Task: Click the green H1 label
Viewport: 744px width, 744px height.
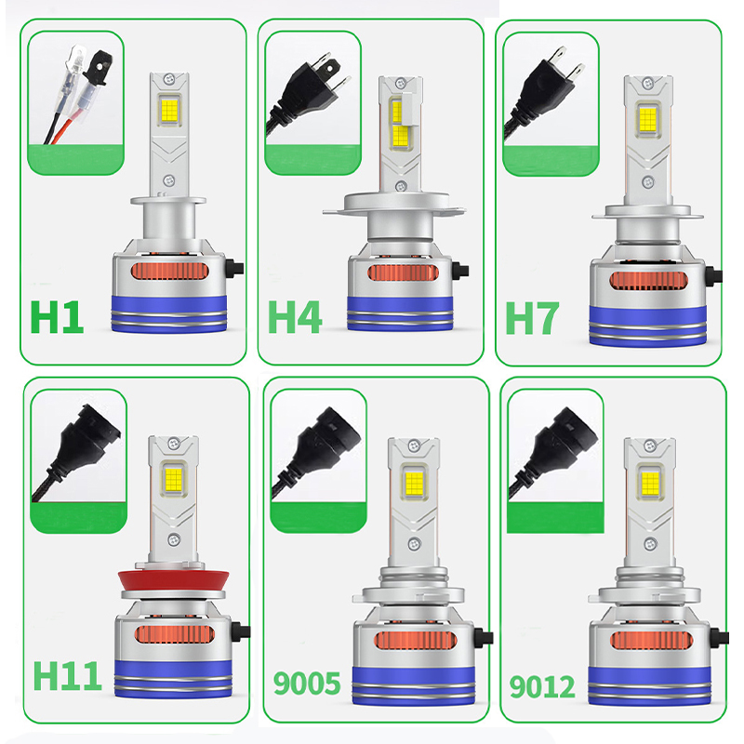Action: tap(57, 317)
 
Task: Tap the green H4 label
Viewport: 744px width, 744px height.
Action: tap(295, 317)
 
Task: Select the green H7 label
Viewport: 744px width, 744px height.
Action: tap(532, 318)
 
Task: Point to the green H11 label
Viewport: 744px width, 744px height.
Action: tap(67, 676)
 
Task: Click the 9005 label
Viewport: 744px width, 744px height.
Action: tap(307, 684)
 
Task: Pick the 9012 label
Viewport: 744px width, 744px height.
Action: tap(542, 686)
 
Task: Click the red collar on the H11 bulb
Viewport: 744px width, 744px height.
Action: tap(174, 579)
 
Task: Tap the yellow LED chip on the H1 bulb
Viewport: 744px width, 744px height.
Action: tap(169, 110)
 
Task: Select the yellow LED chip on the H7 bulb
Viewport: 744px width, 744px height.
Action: tap(648, 119)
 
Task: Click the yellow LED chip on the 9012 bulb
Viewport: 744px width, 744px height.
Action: tap(650, 482)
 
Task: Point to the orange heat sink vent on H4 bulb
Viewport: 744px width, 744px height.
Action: tap(403, 272)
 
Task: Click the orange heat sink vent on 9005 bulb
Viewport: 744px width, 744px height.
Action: tap(415, 641)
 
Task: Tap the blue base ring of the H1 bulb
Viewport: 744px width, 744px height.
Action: tap(169, 313)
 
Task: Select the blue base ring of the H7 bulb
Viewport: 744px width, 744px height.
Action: tap(648, 325)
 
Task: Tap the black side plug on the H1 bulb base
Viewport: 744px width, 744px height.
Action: tap(235, 268)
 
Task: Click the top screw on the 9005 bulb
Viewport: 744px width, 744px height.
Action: tap(414, 445)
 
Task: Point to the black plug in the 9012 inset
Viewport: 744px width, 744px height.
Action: tap(556, 449)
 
